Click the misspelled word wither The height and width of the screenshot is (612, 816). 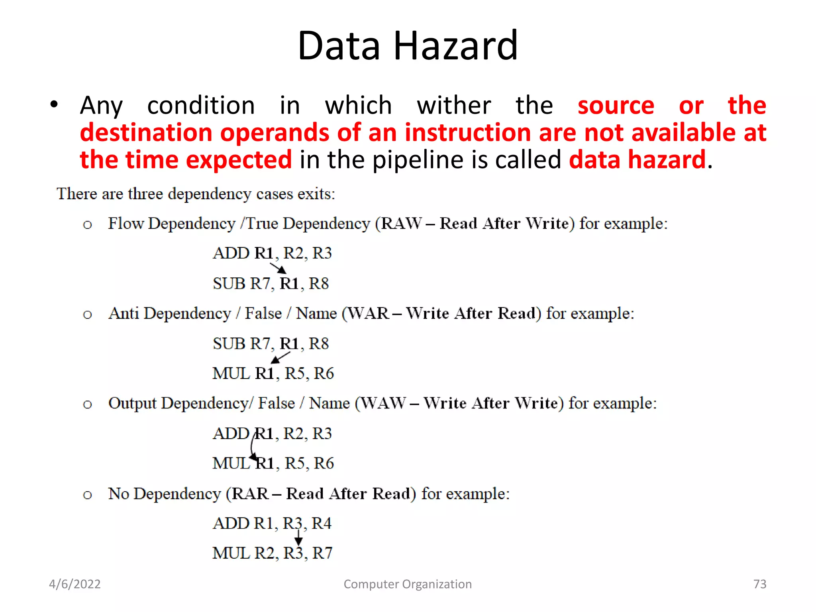click(454, 106)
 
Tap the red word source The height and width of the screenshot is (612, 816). click(616, 106)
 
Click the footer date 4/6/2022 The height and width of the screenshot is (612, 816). click(75, 584)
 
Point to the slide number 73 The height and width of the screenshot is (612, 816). click(759, 584)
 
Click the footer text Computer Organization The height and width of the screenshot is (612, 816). click(408, 584)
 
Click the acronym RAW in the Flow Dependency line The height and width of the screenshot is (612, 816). click(400, 224)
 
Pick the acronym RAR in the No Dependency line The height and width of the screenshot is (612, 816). click(250, 494)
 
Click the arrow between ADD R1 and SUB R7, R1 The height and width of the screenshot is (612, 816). click(279, 268)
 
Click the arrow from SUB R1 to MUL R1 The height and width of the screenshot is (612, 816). click(280, 357)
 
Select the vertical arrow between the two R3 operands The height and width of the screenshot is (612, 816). click(298, 538)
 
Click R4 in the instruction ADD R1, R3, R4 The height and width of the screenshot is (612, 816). click(321, 524)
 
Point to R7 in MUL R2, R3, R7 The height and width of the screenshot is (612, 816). click(322, 553)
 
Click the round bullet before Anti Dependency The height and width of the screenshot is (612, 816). click(87, 315)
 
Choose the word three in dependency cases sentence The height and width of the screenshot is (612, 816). click(145, 194)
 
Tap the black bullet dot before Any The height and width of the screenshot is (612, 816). click(54, 105)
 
